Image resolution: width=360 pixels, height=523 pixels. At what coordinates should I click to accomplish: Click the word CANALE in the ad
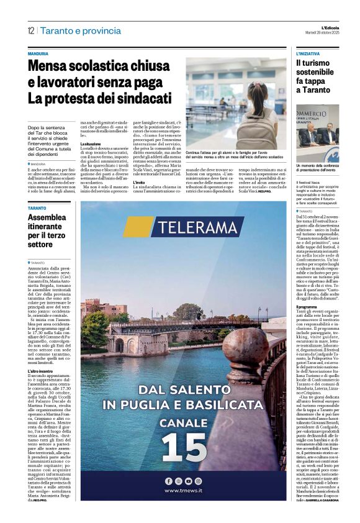pos(182,422)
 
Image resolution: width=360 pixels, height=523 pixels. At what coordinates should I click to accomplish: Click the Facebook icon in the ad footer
pos(168,481)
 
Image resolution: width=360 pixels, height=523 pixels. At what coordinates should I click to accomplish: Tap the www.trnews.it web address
pos(183,491)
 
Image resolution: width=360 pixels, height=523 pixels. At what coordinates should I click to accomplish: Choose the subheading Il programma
pos(307,307)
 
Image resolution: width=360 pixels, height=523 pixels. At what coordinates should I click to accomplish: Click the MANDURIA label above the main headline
pos(38,54)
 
